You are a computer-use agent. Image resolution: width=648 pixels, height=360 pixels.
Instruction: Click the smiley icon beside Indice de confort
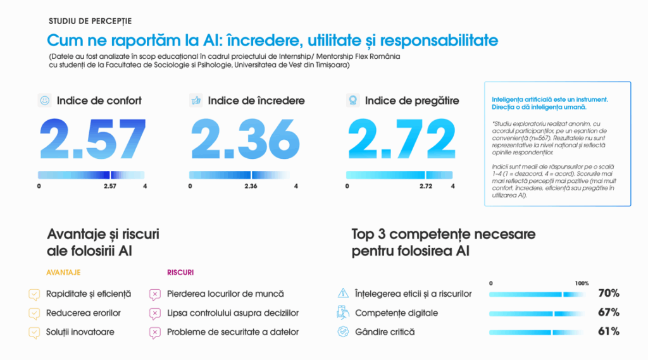pyautogui.click(x=45, y=101)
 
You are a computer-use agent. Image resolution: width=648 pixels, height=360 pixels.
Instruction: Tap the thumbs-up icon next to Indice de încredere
pyautogui.click(x=196, y=101)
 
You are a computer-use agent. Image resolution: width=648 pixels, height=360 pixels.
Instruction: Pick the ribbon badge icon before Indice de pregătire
pyautogui.click(x=352, y=101)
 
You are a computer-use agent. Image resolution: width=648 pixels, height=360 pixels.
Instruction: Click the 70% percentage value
pyautogui.click(x=609, y=294)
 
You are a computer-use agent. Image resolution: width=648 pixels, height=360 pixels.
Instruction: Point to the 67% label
pyautogui.click(x=609, y=313)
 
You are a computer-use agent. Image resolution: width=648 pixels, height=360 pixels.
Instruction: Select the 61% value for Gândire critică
pyautogui.click(x=609, y=332)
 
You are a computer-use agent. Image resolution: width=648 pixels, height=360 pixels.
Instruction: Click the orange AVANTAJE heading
pyautogui.click(x=64, y=273)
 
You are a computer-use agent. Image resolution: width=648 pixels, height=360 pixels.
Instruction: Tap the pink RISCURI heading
pyautogui.click(x=180, y=273)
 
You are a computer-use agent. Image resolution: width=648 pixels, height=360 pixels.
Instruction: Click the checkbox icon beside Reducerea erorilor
pyautogui.click(x=34, y=313)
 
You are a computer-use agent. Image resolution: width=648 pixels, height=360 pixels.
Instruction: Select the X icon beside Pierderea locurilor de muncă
pyautogui.click(x=154, y=294)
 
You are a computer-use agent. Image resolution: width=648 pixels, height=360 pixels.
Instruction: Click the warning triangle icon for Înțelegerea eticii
pyautogui.click(x=343, y=294)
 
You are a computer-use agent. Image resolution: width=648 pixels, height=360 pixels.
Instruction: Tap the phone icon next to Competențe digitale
pyautogui.click(x=343, y=313)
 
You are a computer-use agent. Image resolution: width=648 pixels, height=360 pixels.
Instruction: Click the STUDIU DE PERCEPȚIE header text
pyautogui.click(x=90, y=22)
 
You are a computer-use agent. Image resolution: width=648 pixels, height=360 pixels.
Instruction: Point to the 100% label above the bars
pyautogui.click(x=582, y=283)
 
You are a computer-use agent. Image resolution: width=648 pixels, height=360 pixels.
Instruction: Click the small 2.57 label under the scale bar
pyautogui.click(x=110, y=187)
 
